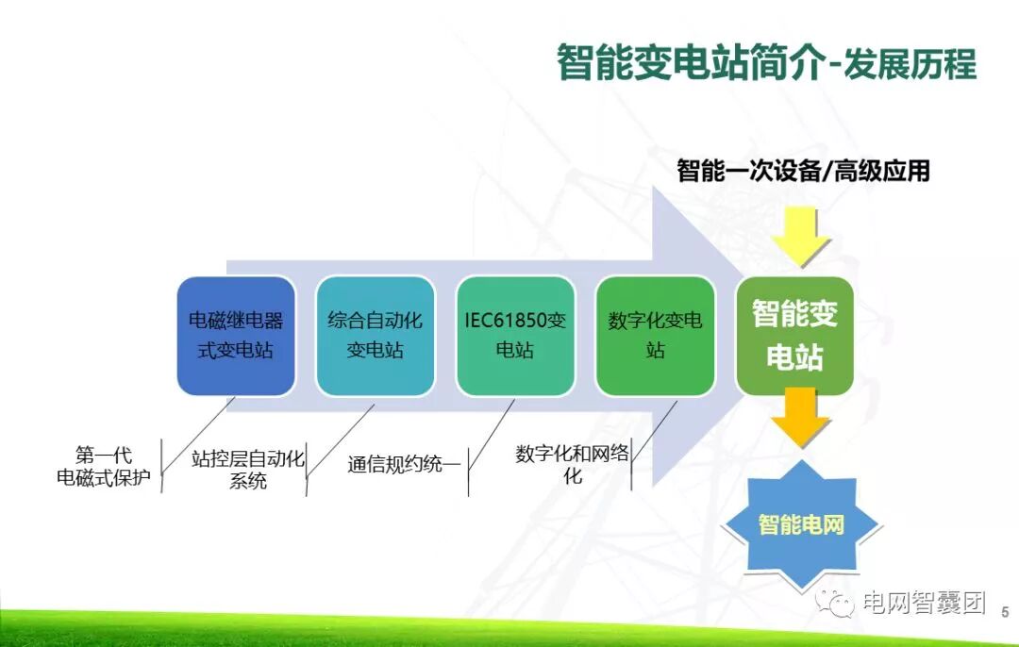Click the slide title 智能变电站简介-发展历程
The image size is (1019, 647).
point(766,63)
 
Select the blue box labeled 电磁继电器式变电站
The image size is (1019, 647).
point(236,335)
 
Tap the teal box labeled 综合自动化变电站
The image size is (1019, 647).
point(375,335)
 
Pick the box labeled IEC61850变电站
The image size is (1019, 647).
point(515,335)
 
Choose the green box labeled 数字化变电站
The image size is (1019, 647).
point(655,335)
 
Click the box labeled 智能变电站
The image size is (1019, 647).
point(794,335)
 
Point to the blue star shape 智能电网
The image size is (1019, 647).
point(801,524)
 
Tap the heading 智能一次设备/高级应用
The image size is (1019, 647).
point(803,171)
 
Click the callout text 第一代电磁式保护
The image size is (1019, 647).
point(103,467)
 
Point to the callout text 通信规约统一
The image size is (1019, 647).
point(404,464)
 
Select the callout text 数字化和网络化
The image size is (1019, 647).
point(572,464)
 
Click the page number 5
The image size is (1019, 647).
point(1004,611)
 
